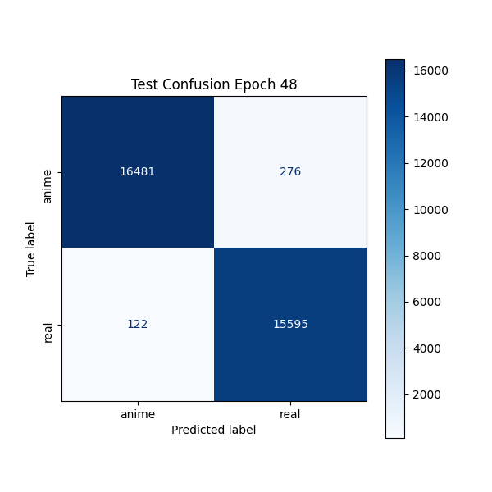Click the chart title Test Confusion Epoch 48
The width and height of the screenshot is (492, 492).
pos(214,84)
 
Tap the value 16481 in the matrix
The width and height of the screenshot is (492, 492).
pos(138,172)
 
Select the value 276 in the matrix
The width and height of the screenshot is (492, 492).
pos(290,172)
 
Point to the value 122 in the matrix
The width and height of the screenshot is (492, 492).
pos(138,324)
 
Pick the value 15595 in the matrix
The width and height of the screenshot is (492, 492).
pos(290,324)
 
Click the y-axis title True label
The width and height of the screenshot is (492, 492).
pos(31,248)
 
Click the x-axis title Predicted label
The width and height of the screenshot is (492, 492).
pos(214,430)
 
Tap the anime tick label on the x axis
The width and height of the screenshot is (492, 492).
pos(138,414)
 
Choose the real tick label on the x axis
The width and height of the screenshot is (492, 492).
pos(290,414)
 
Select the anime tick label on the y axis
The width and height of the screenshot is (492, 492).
pos(48,186)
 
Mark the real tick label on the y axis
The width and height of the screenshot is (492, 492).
pos(48,332)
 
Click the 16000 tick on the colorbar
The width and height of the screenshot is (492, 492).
pos(430,71)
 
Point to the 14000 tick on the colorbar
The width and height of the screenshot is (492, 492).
pos(430,117)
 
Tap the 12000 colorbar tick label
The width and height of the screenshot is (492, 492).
pos(430,163)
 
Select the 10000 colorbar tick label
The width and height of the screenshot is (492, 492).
pos(430,210)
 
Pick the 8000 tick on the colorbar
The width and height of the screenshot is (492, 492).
pos(426,256)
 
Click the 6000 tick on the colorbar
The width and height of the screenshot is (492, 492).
pos(426,302)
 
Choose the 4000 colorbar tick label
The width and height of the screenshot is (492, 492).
pos(426,348)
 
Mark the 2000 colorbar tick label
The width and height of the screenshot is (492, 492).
pos(426,394)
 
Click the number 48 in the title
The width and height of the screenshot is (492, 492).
pos(289,84)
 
